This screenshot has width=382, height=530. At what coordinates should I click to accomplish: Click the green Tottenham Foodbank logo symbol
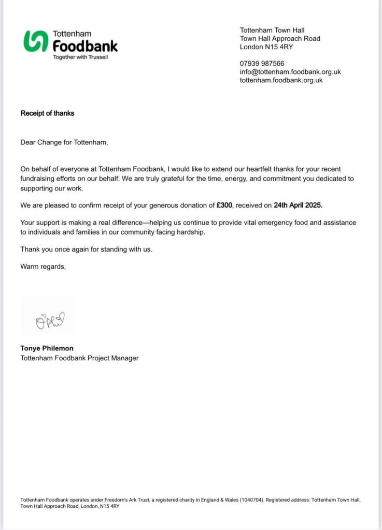pos(36,41)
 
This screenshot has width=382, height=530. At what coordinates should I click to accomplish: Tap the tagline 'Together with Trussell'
pos(80,57)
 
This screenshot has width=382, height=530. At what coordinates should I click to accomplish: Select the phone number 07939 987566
pos(262,64)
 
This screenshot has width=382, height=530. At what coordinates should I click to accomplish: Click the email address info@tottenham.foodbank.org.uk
pos(290,72)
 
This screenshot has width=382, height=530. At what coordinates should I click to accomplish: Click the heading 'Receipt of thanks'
pos(47,113)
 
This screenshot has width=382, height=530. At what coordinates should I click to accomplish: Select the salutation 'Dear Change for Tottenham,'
pos(64,142)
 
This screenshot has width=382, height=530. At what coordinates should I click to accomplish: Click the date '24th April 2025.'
pos(298,205)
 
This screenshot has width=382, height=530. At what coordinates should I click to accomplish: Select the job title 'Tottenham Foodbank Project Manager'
pos(79,358)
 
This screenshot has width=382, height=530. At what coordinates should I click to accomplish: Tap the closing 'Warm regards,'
pos(43,267)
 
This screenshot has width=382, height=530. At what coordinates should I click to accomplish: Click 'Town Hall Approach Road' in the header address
pos(280,38)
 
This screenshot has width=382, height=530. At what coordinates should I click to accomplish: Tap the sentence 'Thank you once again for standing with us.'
pos(87,249)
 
